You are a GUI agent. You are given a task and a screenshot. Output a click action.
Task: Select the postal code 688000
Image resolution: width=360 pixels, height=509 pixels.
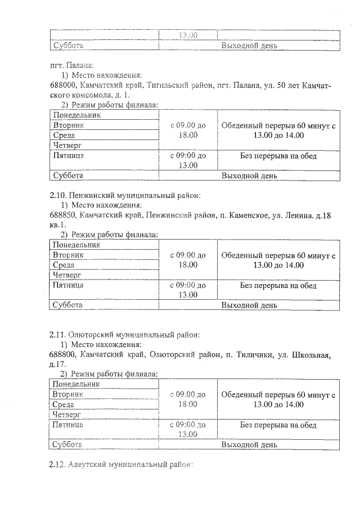[x=62, y=85]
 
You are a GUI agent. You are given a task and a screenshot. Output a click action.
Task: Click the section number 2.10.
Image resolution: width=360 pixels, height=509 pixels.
[x=58, y=196]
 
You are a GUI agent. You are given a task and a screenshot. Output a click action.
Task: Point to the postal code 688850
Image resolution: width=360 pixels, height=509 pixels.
[x=62, y=215]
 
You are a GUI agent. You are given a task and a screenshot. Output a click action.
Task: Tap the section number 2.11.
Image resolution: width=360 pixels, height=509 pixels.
[x=58, y=335]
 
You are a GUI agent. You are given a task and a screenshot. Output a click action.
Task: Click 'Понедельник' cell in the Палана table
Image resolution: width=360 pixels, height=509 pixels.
[x=76, y=115]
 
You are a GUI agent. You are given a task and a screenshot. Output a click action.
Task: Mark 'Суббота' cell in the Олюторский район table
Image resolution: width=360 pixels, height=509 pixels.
[x=67, y=444]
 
